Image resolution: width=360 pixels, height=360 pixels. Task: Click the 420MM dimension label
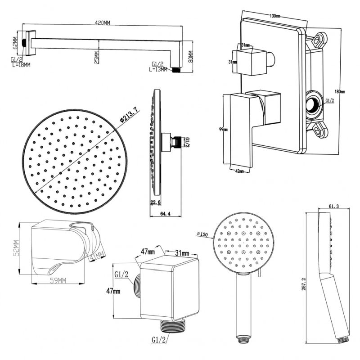(x=103, y=23)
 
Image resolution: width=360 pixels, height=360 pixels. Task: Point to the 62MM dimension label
(x=15, y=42)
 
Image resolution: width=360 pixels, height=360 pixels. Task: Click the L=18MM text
(x=21, y=65)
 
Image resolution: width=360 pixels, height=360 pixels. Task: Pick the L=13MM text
(x=158, y=69)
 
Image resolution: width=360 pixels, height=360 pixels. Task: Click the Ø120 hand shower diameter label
(x=204, y=234)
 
